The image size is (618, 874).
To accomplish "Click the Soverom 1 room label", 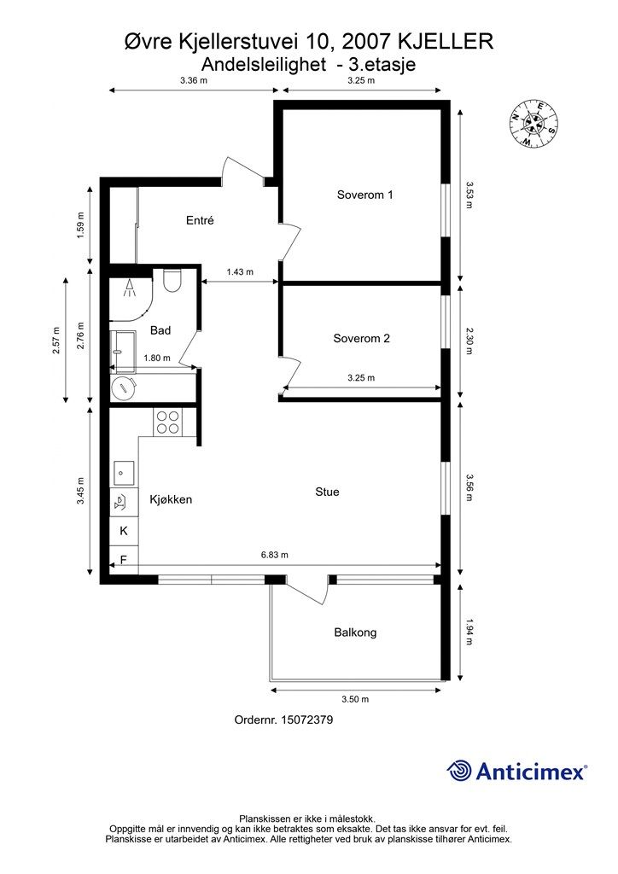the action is tap(364, 195).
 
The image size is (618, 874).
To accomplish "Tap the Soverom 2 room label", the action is tap(361, 338).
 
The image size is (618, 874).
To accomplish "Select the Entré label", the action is tap(200, 220).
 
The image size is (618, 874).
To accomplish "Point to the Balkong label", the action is tap(355, 632).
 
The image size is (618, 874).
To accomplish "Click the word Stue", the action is tap(327, 492).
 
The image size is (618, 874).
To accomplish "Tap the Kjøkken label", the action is tap(171, 499).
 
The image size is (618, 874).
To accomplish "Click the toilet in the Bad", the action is tap(172, 280).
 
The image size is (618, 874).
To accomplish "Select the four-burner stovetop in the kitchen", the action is tap(168, 422).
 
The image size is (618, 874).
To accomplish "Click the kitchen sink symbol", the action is tap(124, 473).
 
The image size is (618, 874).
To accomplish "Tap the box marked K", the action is tap(124, 531).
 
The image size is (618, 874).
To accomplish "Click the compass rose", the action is tap(533, 125).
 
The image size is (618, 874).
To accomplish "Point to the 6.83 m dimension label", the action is tap(275, 555).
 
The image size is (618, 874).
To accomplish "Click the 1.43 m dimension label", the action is tap(240, 272).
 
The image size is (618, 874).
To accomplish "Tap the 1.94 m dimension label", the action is tap(469, 632).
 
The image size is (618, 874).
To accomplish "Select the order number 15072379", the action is tap(307, 720).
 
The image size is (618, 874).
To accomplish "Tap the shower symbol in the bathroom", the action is tap(130, 288).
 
